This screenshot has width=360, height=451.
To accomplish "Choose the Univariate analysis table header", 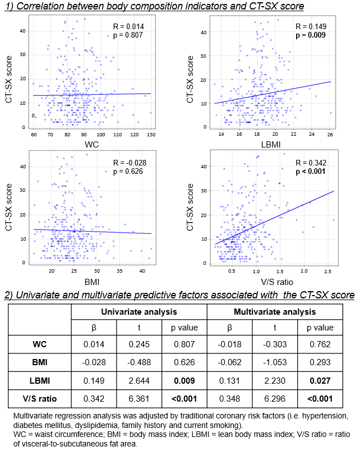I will (139, 311).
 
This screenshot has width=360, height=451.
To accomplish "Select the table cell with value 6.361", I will (139, 399).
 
